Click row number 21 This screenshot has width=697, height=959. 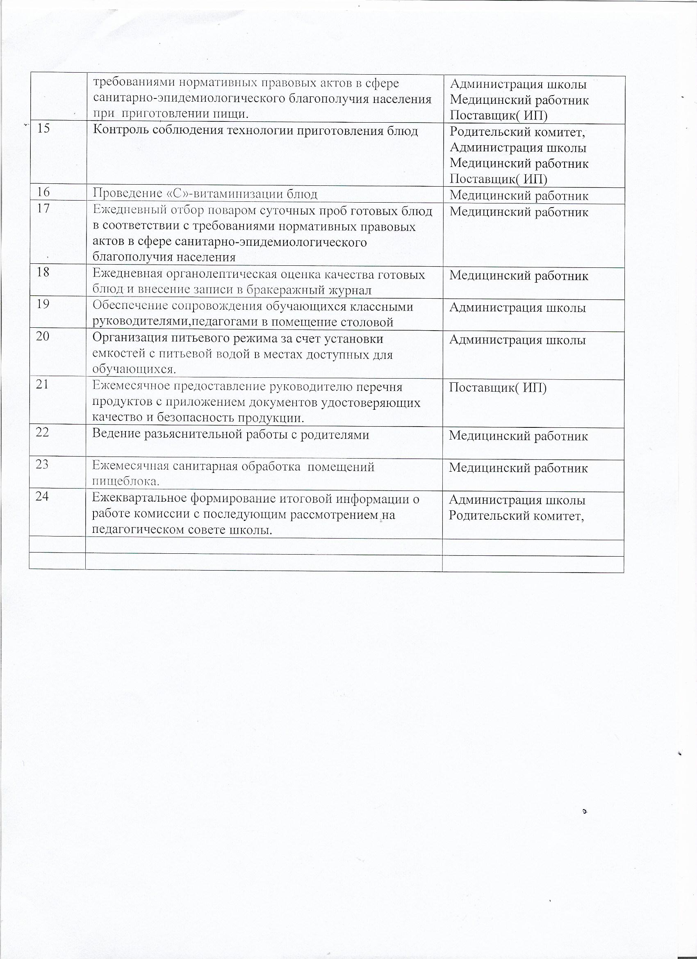tap(42, 384)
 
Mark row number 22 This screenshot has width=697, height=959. tap(42, 432)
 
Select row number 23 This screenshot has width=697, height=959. tap(42, 464)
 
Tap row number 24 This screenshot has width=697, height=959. tap(42, 496)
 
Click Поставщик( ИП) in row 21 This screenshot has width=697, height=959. tap(497, 387)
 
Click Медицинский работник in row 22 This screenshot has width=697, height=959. tap(518, 436)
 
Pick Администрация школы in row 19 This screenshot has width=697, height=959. tap(517, 308)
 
